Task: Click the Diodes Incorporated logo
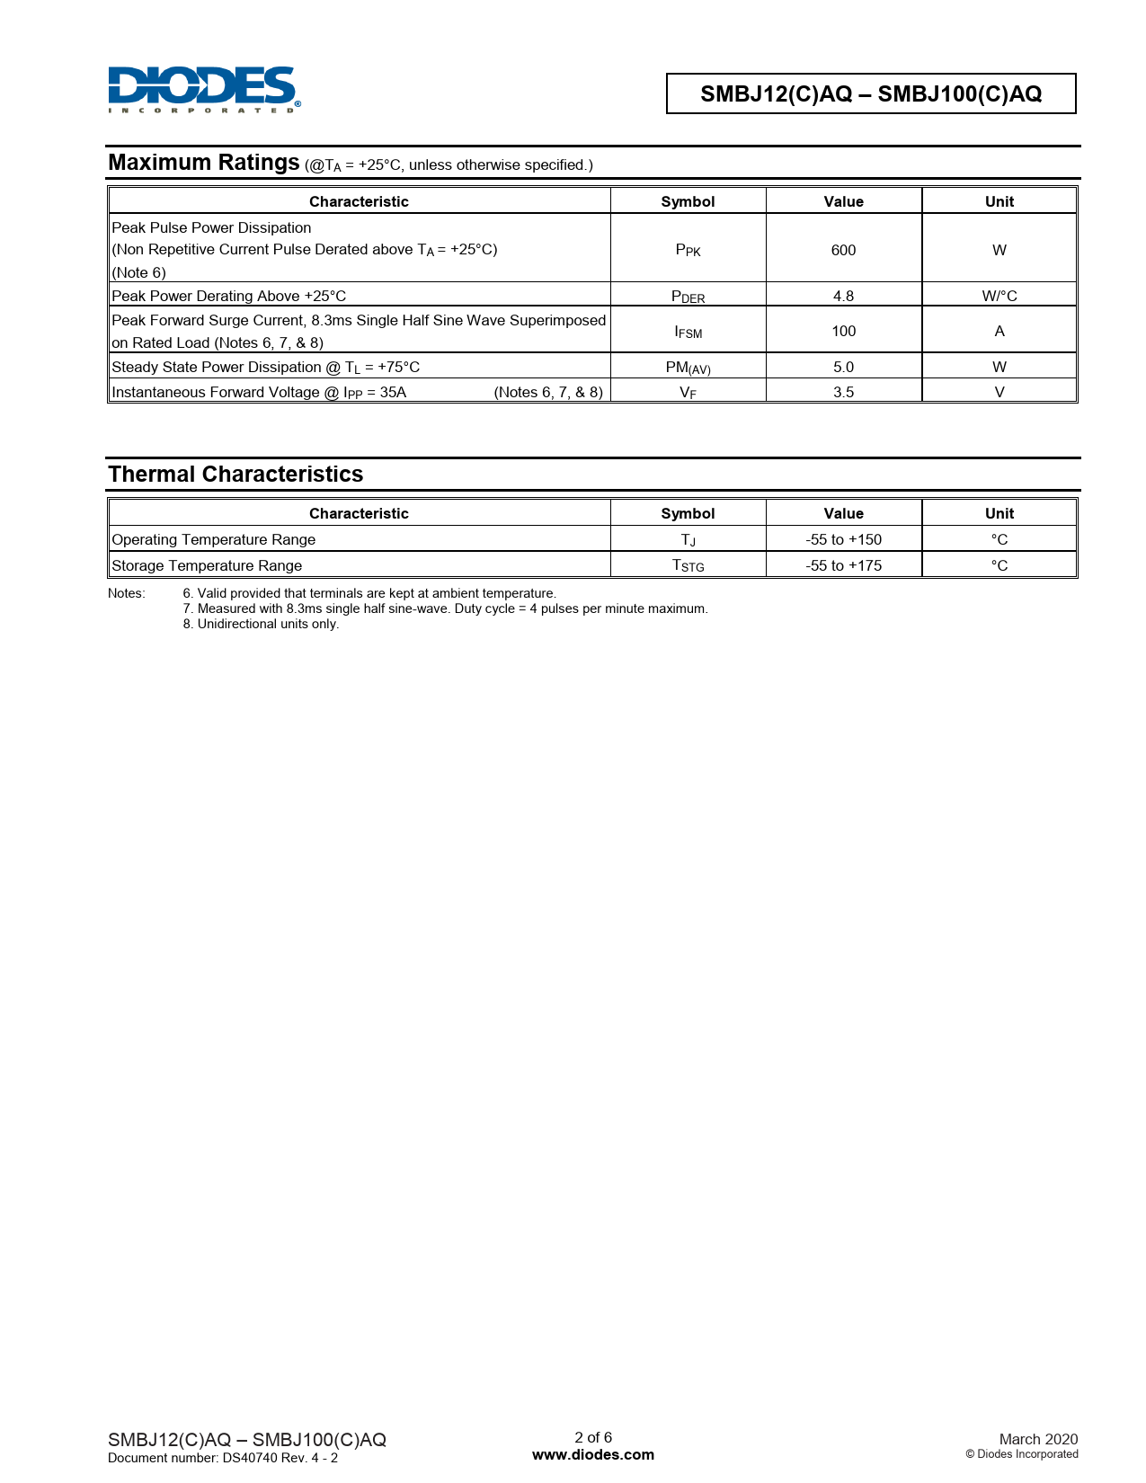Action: point(204,89)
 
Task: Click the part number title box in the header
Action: point(870,93)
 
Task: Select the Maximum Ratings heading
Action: point(204,163)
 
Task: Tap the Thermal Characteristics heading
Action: point(235,475)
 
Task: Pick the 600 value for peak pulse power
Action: point(843,250)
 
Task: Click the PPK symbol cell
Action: point(688,250)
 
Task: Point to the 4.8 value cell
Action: point(843,296)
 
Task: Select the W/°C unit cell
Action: point(999,296)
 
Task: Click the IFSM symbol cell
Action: point(688,332)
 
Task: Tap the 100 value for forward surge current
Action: point(843,332)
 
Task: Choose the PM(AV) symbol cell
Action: point(688,368)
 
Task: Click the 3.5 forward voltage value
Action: point(843,392)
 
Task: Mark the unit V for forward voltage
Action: point(999,392)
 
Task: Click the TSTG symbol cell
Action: point(688,565)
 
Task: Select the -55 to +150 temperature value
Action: point(843,539)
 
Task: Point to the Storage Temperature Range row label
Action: point(207,565)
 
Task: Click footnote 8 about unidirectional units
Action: point(261,624)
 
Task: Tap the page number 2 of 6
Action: point(593,1437)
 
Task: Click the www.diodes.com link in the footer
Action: point(593,1454)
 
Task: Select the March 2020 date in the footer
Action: point(1038,1439)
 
